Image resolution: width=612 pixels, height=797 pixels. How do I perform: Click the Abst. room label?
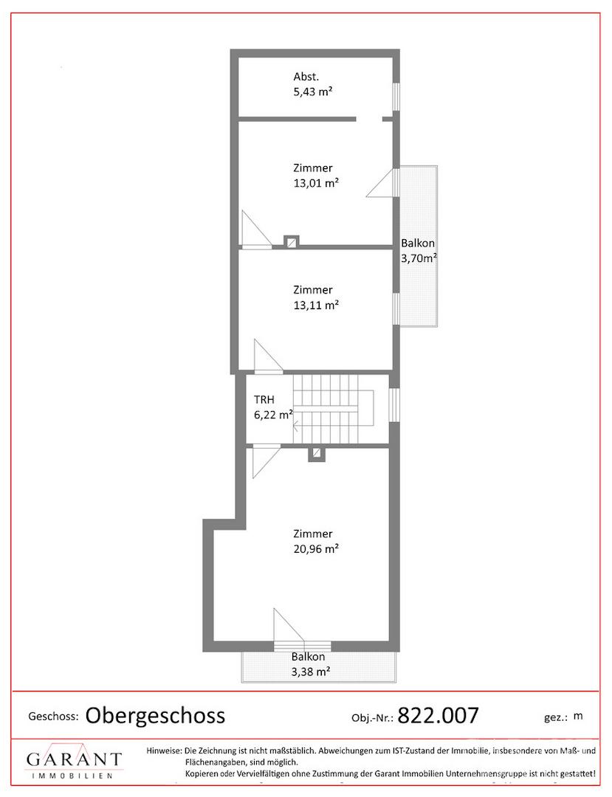pos(306,77)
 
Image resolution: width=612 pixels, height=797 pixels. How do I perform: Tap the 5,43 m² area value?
pos(312,92)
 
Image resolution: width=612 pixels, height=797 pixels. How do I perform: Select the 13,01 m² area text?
pos(316,183)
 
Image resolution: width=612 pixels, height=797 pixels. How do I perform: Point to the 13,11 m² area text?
pos(316,305)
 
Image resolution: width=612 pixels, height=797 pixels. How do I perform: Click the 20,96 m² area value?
pos(316,549)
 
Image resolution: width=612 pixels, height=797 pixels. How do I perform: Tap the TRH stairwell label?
pos(264,400)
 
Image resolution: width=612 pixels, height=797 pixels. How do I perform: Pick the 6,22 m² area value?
pos(273,415)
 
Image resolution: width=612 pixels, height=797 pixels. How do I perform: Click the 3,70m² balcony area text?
pos(419,258)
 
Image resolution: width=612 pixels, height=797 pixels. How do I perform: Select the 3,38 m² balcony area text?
pos(311,672)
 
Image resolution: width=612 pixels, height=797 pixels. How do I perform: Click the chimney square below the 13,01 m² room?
pos(292,242)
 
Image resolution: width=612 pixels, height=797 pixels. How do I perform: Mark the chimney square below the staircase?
pos(317,453)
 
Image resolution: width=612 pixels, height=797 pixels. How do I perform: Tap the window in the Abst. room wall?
pos(396,96)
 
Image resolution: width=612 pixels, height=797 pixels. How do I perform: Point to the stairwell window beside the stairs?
pos(393,404)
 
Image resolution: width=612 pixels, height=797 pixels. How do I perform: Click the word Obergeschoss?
pos(155,716)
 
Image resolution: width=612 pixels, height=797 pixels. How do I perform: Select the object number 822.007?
pos(439,716)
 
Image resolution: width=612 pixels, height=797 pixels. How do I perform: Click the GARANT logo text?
pos(75,759)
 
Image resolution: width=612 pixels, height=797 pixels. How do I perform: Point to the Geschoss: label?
pos(53,717)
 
